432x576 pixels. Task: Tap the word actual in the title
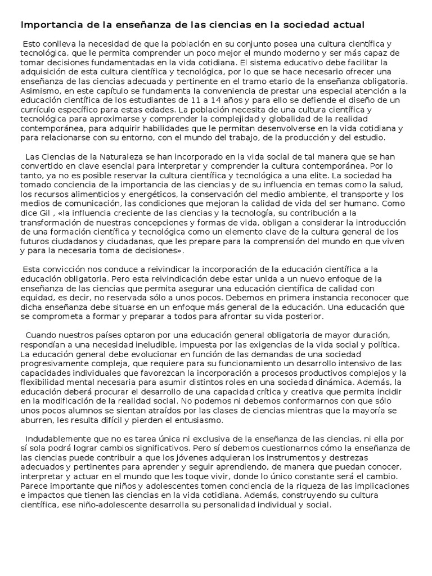coord(348,25)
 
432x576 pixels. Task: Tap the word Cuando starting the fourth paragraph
coord(41,336)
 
